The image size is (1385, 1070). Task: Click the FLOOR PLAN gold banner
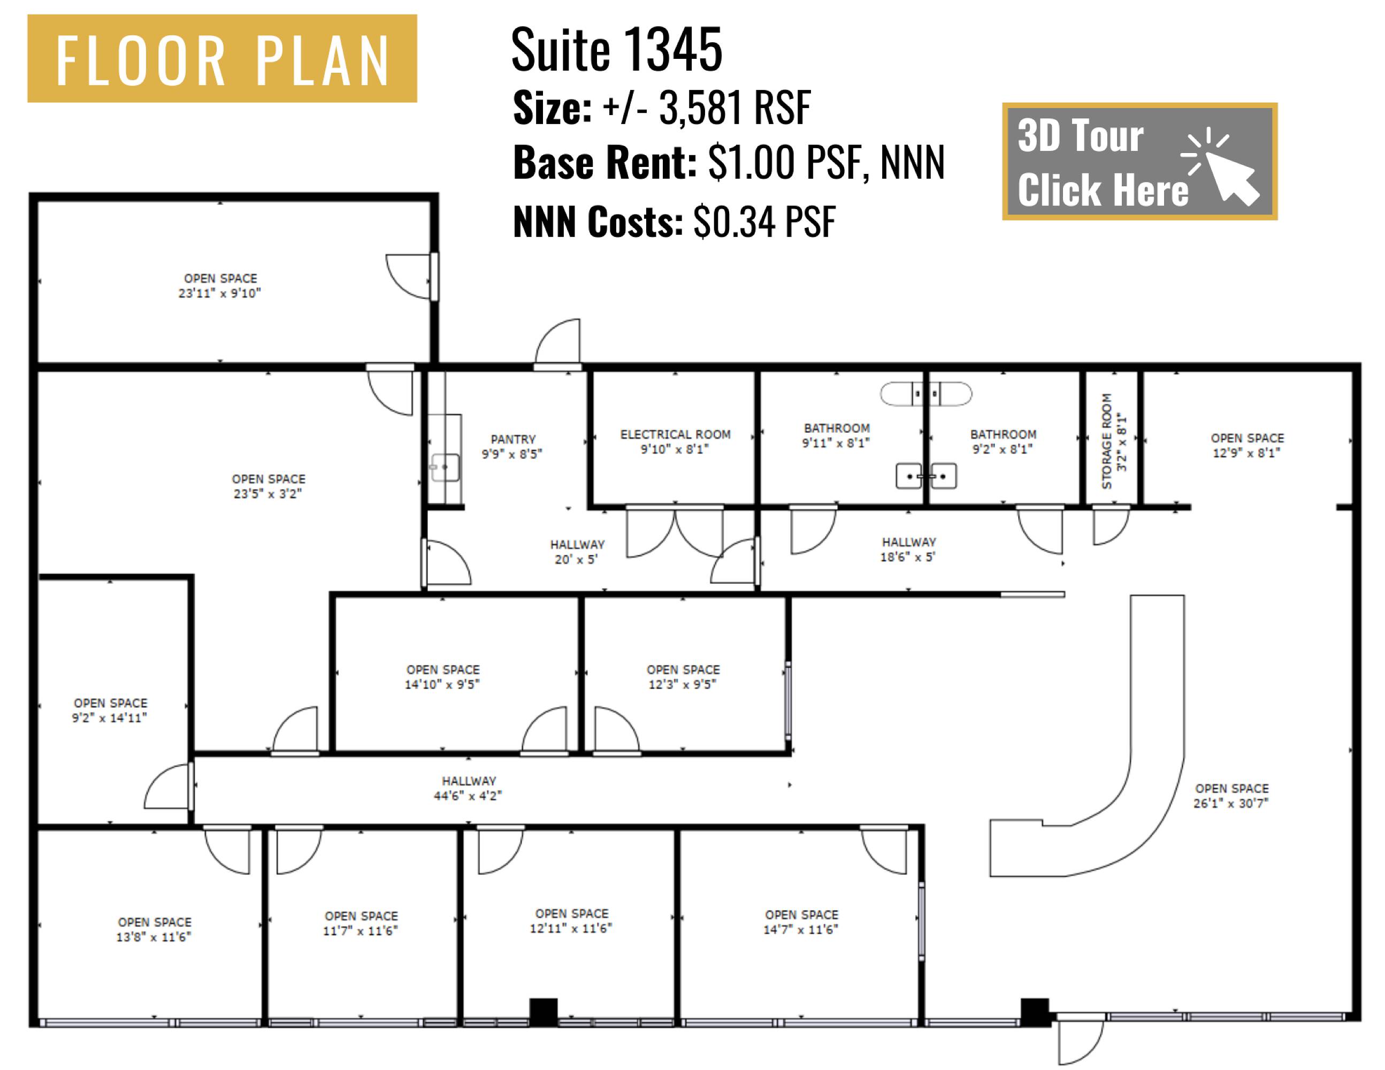[222, 58]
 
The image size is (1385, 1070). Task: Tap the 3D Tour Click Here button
[1139, 162]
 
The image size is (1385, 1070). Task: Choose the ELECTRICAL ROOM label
[675, 441]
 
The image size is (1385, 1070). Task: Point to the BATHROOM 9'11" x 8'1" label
[837, 435]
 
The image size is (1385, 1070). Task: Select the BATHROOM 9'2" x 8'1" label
[1003, 441]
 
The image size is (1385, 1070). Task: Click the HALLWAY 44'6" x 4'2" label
[469, 788]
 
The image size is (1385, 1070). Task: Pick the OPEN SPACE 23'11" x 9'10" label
[220, 285]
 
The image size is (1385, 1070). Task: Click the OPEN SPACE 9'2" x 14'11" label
[110, 710]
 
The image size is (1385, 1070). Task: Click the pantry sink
[445, 468]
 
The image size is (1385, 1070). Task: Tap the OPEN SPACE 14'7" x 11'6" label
[801, 922]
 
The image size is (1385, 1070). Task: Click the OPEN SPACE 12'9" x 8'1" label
[1247, 445]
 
